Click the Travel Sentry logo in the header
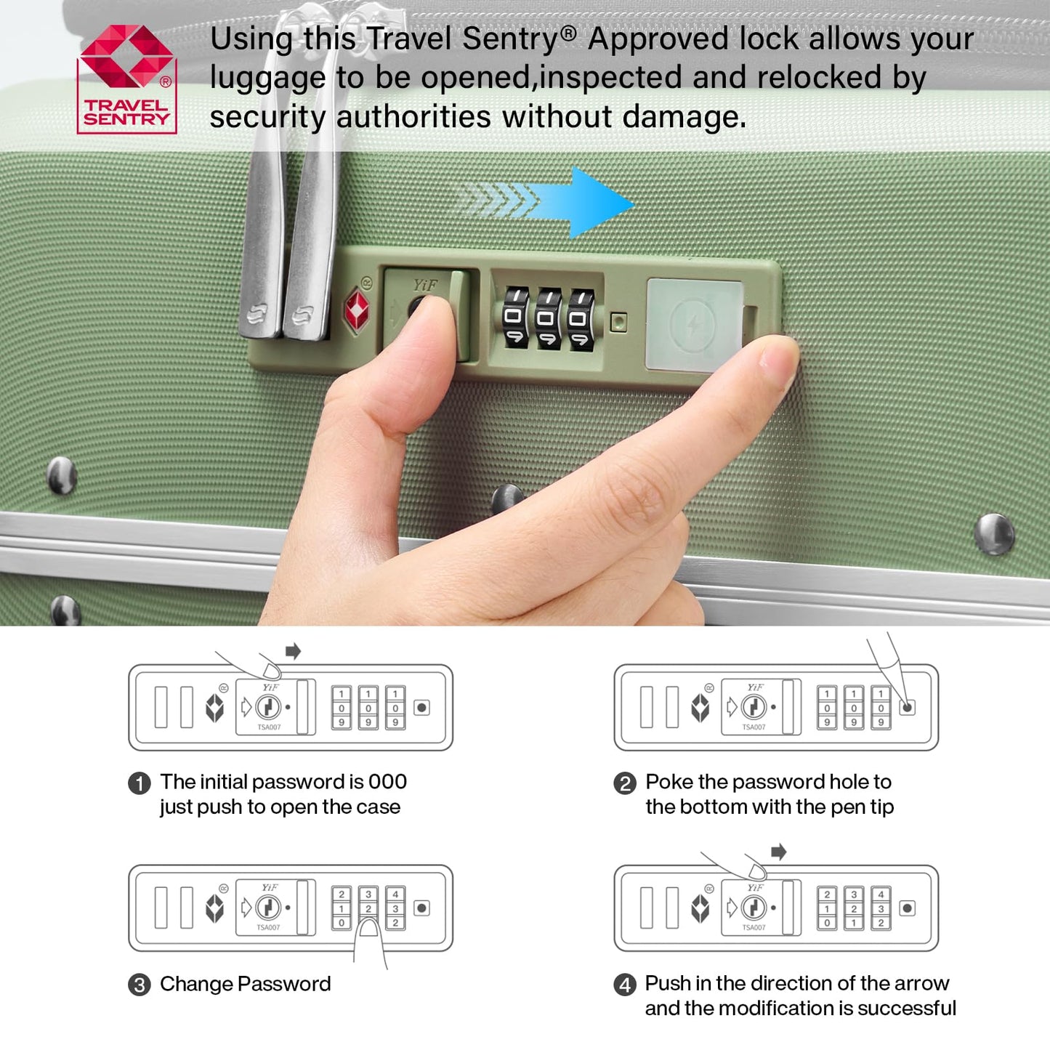click(x=127, y=79)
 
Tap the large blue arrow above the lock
click(x=548, y=202)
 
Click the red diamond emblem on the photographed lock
click(x=357, y=310)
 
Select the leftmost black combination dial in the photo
click(x=515, y=318)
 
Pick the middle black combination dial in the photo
click(x=548, y=319)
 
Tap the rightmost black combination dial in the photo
click(x=581, y=320)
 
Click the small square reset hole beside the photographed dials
click(x=618, y=322)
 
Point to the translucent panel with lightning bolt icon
click(x=694, y=325)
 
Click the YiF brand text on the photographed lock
click(x=424, y=285)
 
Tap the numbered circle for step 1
click(x=140, y=784)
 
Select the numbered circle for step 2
click(x=625, y=784)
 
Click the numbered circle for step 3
click(x=140, y=985)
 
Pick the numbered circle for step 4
click(x=625, y=985)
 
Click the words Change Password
click(x=245, y=984)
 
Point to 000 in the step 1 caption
click(x=387, y=782)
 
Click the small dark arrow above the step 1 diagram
click(x=293, y=650)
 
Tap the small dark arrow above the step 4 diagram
click(x=779, y=851)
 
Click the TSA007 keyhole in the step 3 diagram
click(x=267, y=908)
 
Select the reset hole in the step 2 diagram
click(x=908, y=708)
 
